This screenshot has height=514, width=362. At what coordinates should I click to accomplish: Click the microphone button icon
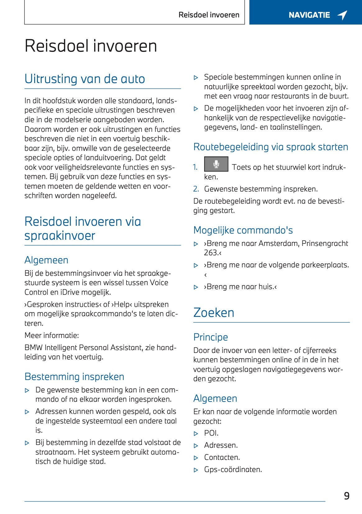click(216, 164)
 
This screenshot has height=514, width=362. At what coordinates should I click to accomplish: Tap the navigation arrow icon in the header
click(342, 15)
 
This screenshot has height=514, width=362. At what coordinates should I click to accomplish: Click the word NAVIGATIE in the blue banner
click(309, 15)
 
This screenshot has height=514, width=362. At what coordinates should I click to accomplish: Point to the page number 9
click(347, 496)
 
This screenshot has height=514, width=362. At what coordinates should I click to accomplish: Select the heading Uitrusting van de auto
click(85, 79)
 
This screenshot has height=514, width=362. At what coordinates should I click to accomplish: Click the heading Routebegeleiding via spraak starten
click(271, 147)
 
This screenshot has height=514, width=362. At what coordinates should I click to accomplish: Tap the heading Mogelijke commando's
click(243, 230)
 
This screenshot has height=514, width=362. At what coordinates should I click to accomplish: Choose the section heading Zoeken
click(214, 313)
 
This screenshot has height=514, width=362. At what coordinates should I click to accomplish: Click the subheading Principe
click(211, 337)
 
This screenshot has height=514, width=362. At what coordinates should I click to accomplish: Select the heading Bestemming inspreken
click(74, 377)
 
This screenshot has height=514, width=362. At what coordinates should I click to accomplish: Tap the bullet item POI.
click(211, 433)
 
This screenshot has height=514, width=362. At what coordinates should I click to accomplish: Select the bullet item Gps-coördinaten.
click(233, 470)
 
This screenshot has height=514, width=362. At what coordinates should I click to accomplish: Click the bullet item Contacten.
click(222, 457)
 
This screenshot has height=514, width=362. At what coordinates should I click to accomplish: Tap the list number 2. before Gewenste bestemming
click(196, 189)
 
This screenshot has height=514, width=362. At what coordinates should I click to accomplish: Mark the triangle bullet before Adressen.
click(196, 446)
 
